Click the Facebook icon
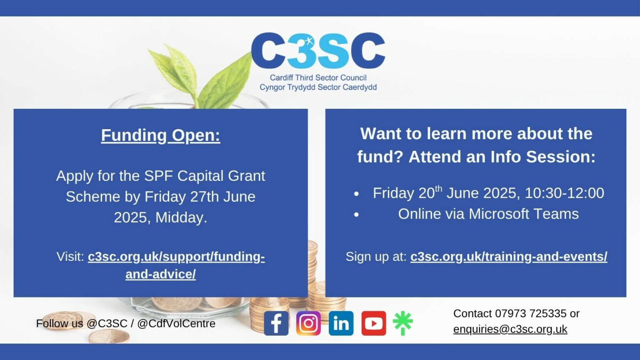click(x=276, y=323)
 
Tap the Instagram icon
click(x=308, y=323)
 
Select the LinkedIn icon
click(x=341, y=323)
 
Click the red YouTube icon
click(x=373, y=323)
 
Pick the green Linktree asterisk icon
click(x=402, y=323)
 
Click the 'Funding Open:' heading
click(x=160, y=135)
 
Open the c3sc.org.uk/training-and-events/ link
click(x=509, y=257)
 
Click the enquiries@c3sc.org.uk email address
click(x=510, y=329)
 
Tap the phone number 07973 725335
click(x=530, y=313)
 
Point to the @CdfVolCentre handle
click(x=176, y=323)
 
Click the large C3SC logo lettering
click(x=318, y=50)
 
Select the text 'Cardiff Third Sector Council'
click(x=318, y=77)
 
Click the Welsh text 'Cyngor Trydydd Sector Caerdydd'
click(x=318, y=87)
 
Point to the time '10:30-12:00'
click(x=564, y=193)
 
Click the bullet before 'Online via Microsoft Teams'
click(x=356, y=215)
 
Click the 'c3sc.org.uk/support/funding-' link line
click(x=176, y=257)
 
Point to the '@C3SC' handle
click(x=107, y=323)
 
